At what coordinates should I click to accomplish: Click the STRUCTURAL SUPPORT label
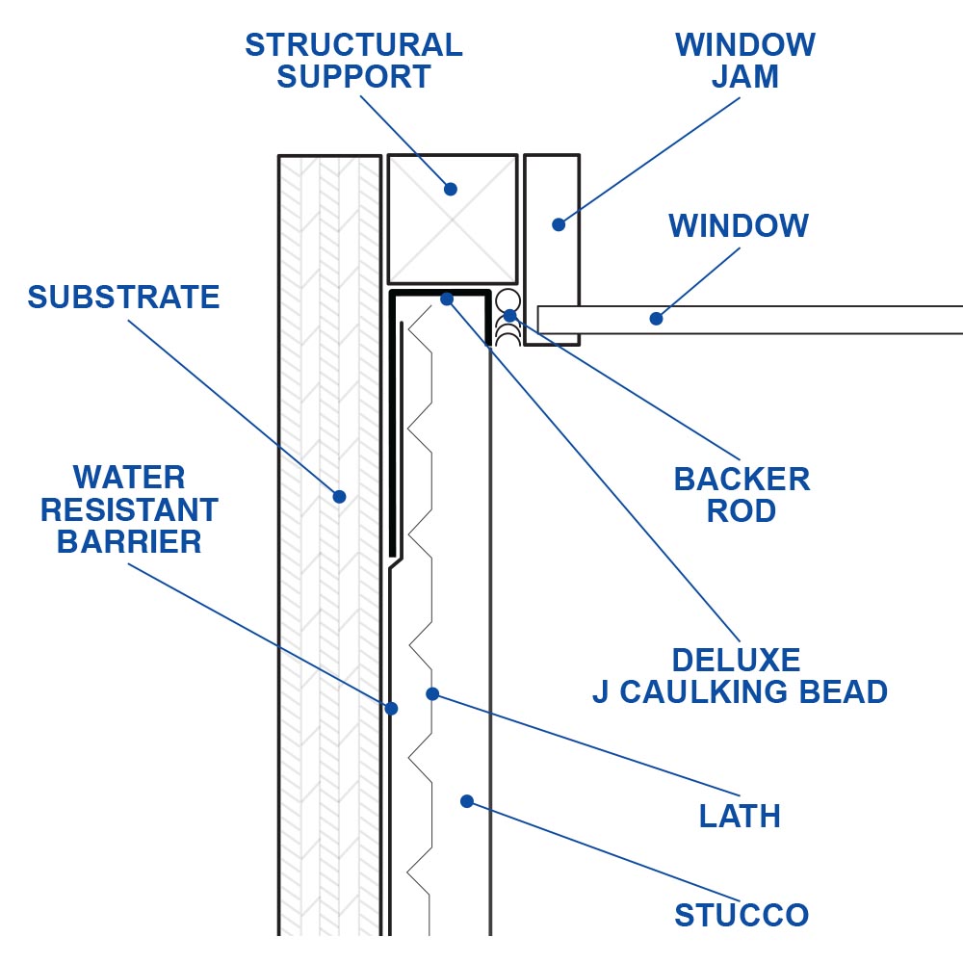(x=353, y=61)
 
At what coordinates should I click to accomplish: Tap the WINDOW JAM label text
(x=744, y=61)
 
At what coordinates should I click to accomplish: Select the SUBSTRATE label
(x=123, y=298)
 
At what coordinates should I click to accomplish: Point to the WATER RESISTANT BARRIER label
(x=129, y=509)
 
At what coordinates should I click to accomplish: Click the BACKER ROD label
(x=742, y=495)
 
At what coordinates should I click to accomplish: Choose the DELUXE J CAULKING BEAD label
(x=739, y=676)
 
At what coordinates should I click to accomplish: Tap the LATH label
(x=739, y=817)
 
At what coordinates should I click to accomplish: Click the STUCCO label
(x=742, y=915)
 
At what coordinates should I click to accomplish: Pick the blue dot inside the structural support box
(x=451, y=189)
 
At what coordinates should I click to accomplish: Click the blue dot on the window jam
(x=558, y=224)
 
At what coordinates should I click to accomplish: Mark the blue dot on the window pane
(x=656, y=318)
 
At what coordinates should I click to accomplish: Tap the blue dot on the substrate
(x=339, y=497)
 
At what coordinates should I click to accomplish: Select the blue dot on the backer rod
(x=509, y=315)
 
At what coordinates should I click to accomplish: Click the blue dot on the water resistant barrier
(x=391, y=709)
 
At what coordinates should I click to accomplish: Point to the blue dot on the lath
(x=432, y=693)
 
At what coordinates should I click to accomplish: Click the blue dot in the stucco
(x=466, y=800)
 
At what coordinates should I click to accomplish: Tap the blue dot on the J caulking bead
(x=446, y=299)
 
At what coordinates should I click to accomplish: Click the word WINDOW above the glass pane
(x=739, y=226)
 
